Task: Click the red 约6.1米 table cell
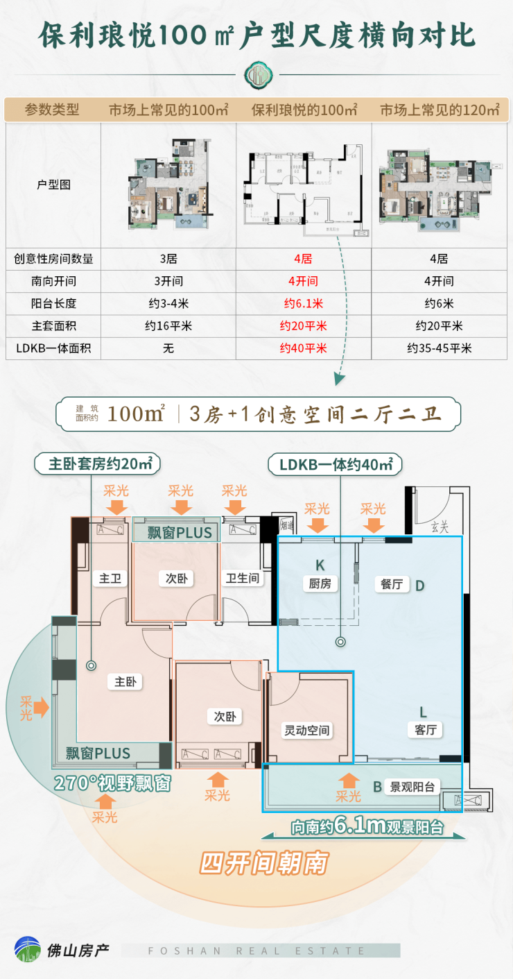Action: [303, 304]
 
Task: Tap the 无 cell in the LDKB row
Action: [168, 348]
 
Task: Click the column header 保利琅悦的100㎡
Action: [304, 110]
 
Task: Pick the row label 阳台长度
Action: [53, 304]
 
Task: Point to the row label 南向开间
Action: [53, 282]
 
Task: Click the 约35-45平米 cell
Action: [439, 348]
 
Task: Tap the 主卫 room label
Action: [110, 578]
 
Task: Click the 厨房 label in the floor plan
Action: [320, 584]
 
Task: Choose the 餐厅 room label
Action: [392, 584]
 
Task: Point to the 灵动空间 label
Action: [307, 730]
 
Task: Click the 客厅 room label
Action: [424, 729]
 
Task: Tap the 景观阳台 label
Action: [412, 787]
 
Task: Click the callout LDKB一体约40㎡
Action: [336, 465]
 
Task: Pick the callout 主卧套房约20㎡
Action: [101, 464]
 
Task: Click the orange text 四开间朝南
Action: [263, 863]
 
